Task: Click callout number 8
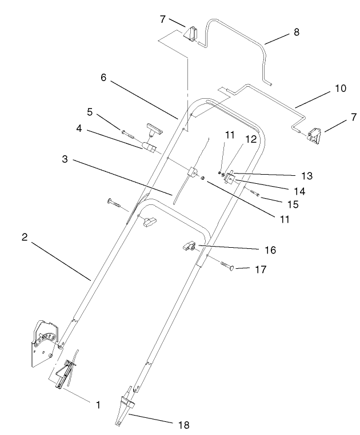296,32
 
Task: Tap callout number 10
340,89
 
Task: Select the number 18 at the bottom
183,425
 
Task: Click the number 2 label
25,237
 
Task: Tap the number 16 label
270,249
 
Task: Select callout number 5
90,111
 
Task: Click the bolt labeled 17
227,264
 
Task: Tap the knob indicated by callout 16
187,246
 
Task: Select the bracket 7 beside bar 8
189,34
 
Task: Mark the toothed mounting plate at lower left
42,343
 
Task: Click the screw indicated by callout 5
129,135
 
